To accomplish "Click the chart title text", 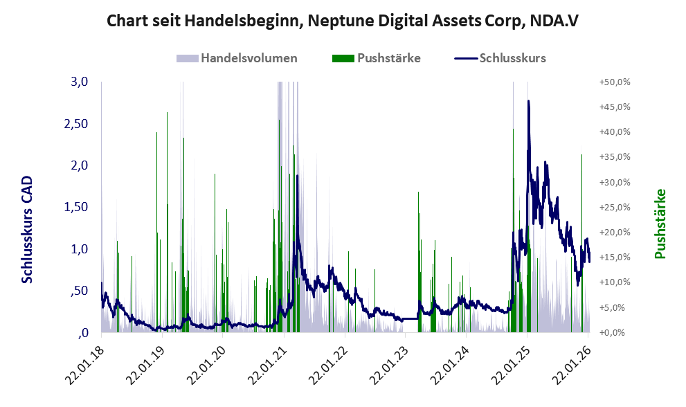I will pyautogui.click(x=343, y=21).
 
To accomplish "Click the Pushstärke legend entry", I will pyautogui.click(x=378, y=58).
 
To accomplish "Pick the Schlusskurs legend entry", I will pyautogui.click(x=502, y=58).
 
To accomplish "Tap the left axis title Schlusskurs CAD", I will pyautogui.click(x=28, y=229).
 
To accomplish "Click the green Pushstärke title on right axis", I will pyautogui.click(x=659, y=224).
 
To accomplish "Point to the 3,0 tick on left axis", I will pyautogui.click(x=80, y=82).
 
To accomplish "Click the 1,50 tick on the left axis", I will pyautogui.click(x=75, y=207).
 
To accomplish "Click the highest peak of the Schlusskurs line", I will pyautogui.click(x=528, y=101).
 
